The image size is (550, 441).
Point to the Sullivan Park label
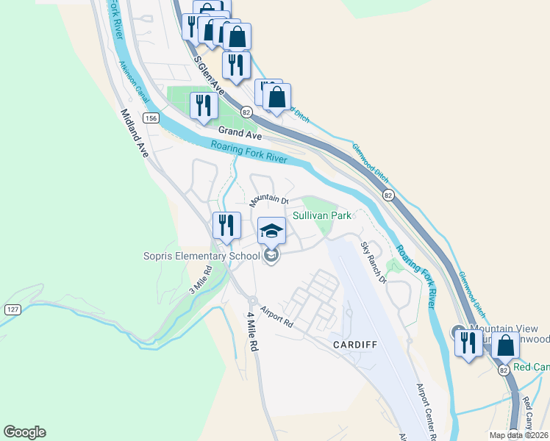pos(322,216)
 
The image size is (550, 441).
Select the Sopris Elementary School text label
pos(201,256)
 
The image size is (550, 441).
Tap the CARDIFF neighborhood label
pos(354,344)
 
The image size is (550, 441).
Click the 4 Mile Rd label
pos(252,331)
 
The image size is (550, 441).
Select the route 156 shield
pos(151,118)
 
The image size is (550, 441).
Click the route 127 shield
pos(12,309)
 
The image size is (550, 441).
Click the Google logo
pos(24,432)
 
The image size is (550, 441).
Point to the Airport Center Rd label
pos(426,412)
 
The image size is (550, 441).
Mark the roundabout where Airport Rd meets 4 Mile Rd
pos(252,300)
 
